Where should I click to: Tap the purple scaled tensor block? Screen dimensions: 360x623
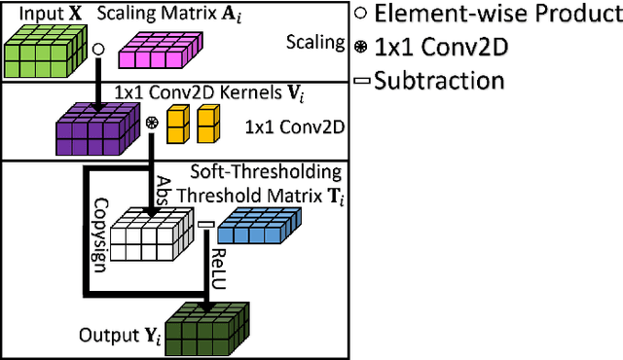click(x=92, y=126)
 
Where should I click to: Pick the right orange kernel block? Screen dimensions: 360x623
click(x=206, y=125)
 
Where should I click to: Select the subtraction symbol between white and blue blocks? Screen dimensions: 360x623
click(x=205, y=227)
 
